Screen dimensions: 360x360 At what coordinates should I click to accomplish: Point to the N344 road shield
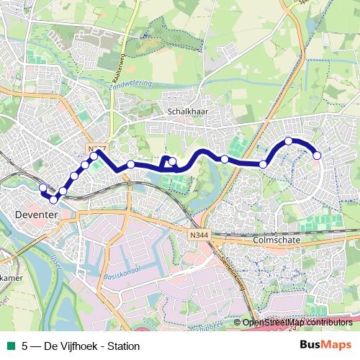(x=200, y=235)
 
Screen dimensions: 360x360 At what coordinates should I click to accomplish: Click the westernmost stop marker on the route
(x=42, y=189)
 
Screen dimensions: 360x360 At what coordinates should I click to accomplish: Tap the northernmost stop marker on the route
(x=289, y=141)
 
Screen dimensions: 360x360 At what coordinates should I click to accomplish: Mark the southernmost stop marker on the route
(x=54, y=199)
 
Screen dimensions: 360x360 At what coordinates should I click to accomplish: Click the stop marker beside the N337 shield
(x=94, y=156)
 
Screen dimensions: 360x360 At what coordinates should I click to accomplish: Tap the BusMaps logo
(x=325, y=345)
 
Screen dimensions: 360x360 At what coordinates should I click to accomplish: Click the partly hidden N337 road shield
(x=96, y=148)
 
